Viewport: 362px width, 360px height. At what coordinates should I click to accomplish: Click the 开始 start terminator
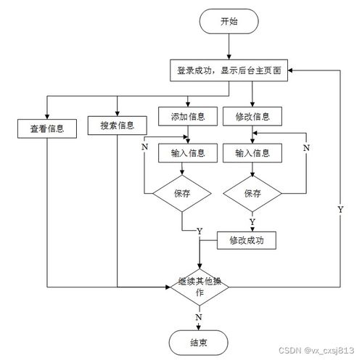229,22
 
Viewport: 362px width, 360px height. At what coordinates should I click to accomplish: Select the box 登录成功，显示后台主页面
229,71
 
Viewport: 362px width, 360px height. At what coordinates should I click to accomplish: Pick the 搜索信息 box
117,126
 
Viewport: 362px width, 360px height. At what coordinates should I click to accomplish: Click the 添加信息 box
188,116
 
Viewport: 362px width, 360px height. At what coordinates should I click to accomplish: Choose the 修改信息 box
252,116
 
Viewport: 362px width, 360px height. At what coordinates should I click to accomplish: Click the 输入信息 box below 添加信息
188,153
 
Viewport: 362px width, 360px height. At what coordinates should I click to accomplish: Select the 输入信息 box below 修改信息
252,153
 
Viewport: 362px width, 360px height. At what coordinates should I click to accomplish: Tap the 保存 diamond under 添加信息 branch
181,194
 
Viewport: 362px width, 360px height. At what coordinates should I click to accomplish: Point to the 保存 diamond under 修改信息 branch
252,194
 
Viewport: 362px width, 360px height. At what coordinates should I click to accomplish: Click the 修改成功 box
247,239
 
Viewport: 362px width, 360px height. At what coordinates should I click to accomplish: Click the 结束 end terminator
199,342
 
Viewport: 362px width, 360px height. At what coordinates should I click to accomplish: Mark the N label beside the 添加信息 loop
144,147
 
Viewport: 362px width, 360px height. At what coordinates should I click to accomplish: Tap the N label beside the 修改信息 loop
305,147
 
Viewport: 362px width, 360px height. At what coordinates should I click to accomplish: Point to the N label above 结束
198,317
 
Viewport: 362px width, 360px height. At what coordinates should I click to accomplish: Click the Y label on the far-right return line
340,209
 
